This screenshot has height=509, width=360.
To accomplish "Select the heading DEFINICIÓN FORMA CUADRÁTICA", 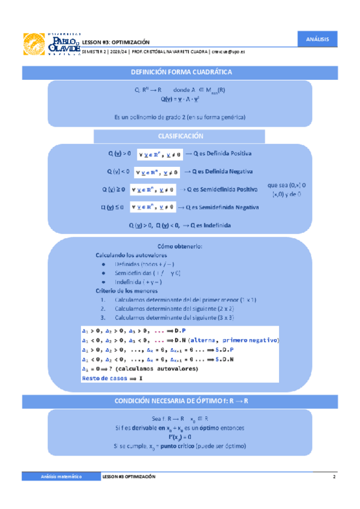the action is [181, 73].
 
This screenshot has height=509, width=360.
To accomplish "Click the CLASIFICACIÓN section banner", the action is [181, 136].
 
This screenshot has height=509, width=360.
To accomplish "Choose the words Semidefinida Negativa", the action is [230, 208].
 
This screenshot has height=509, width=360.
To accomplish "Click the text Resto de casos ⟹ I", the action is [113, 379].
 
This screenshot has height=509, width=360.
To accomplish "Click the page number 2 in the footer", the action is [334, 476].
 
